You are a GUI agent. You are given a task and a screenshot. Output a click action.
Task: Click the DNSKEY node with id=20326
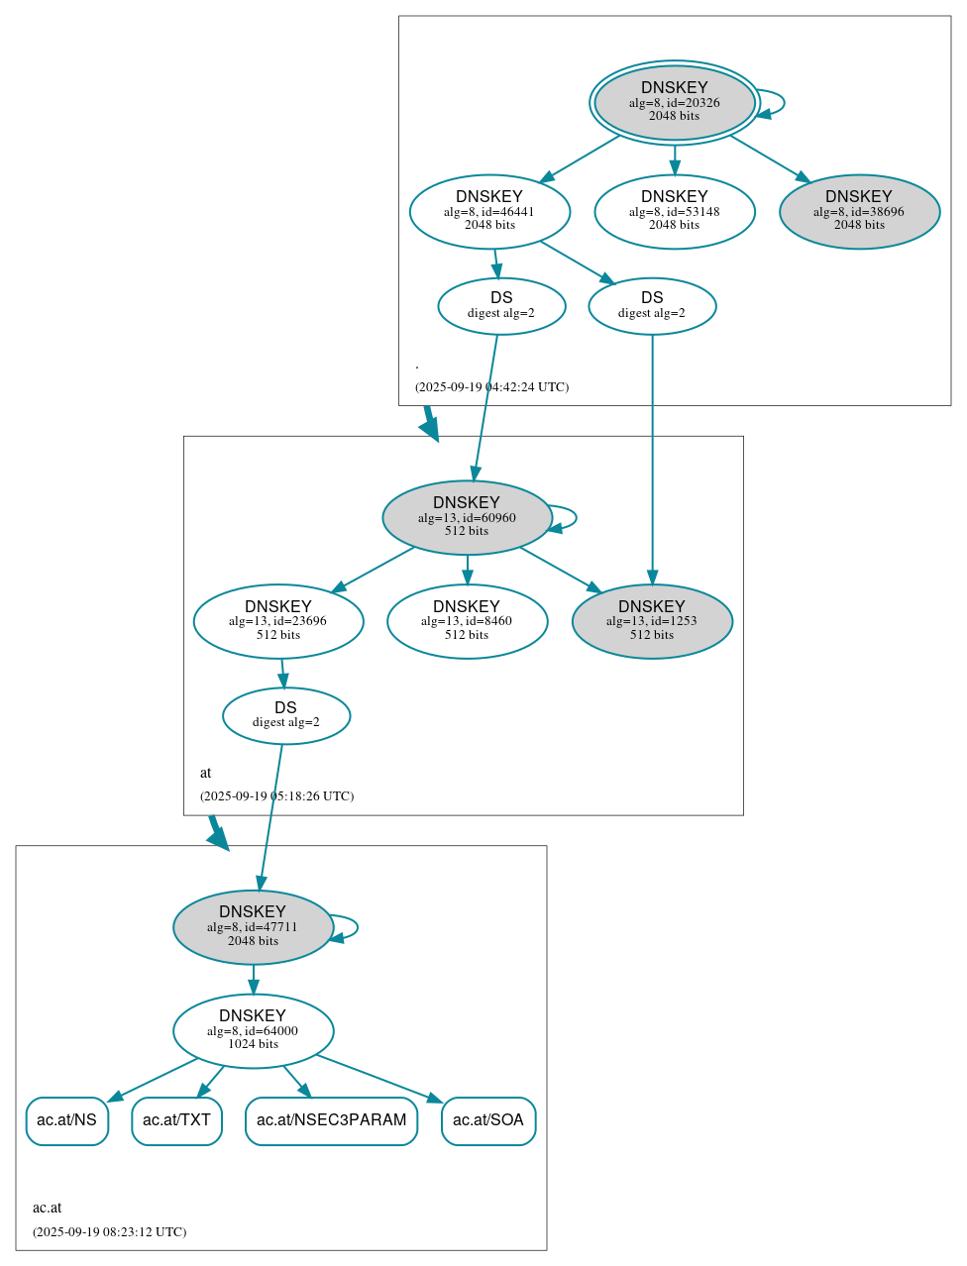pos(674,102)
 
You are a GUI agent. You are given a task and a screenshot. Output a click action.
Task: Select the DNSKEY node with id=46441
pos(489,211)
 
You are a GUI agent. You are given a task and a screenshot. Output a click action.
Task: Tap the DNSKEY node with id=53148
pos(674,211)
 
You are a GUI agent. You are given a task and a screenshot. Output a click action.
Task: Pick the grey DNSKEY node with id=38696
pos(859,211)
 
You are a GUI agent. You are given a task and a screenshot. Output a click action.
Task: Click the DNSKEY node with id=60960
pos(467,517)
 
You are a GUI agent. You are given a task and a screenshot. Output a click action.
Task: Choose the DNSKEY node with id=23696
pos(278,621)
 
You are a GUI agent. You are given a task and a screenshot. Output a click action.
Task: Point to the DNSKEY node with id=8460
pos(467,621)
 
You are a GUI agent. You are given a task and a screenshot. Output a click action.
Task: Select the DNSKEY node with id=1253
pos(652,621)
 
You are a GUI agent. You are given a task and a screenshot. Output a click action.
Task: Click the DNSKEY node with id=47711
pos(253,927)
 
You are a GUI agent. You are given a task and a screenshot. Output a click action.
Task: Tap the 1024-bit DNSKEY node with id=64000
pos(253,1031)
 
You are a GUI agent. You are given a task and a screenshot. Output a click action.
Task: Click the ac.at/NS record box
pos(66,1120)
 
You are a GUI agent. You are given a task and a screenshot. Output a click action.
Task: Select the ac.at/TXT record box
pos(176,1120)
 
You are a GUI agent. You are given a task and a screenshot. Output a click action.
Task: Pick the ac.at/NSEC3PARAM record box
pos(331,1120)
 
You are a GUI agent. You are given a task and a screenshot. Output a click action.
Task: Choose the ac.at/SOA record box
pos(488,1120)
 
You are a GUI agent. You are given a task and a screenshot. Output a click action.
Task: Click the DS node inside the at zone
pos(285,715)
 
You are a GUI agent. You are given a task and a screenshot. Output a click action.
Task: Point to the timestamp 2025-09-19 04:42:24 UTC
pos(491,387)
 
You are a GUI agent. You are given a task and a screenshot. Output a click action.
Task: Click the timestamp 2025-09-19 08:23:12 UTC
pos(109,1232)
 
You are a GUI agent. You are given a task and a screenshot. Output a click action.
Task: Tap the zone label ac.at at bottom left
pos(47,1208)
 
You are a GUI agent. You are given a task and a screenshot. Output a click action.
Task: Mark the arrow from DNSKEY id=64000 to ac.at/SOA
pos(378,1078)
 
